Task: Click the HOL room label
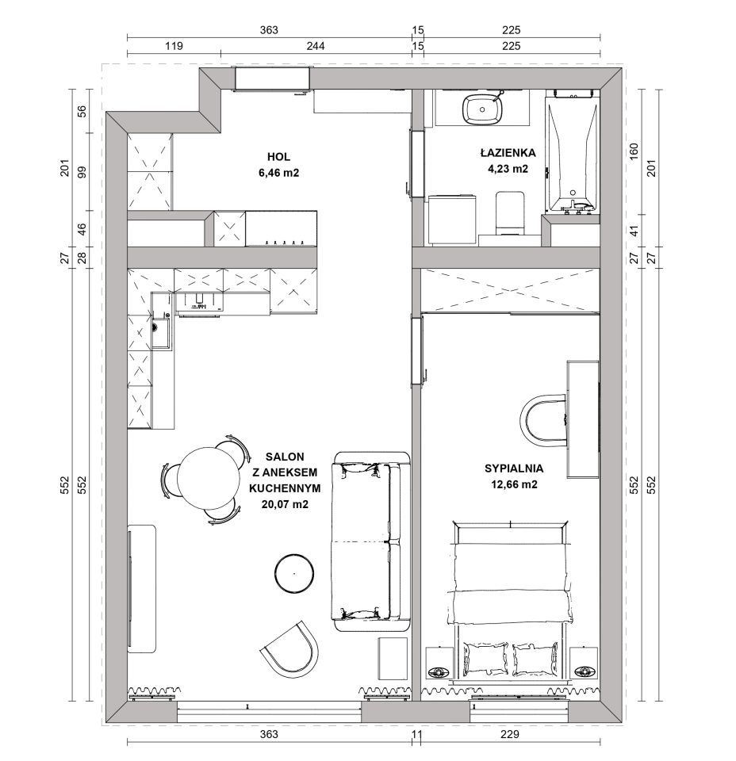[x=278, y=157]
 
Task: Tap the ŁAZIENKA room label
[x=508, y=153]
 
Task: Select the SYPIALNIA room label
[x=514, y=468]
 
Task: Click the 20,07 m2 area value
[x=285, y=504]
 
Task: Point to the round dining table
[x=209, y=478]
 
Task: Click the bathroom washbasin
[x=482, y=109]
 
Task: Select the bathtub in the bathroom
[x=572, y=151]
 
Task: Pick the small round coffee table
[x=294, y=573]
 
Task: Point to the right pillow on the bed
[x=535, y=659]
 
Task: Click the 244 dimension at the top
[x=316, y=46]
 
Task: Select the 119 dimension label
[x=174, y=46]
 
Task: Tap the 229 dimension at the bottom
[x=510, y=734]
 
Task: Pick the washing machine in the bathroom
[x=452, y=220]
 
